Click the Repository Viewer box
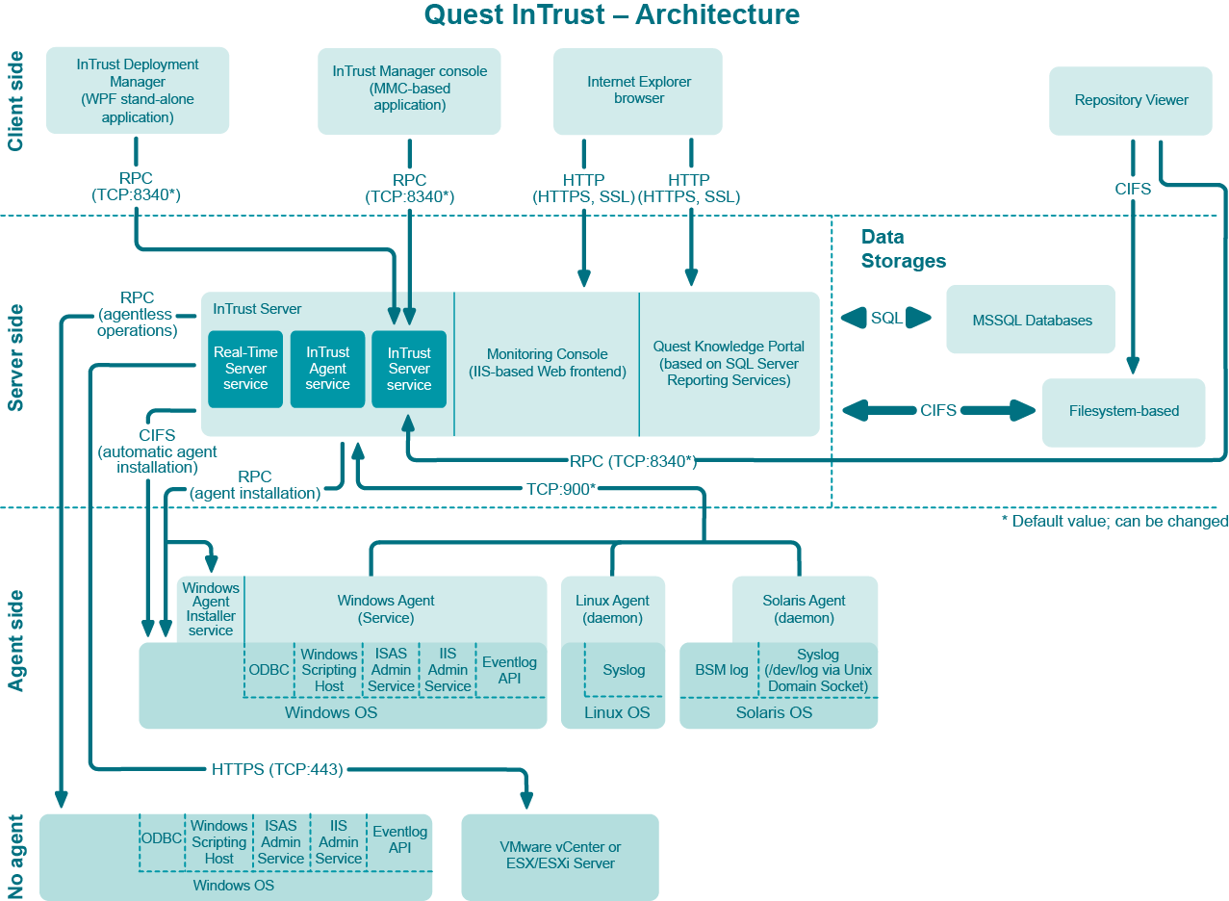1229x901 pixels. pos(1131,100)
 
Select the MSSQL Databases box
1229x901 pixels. pos(1031,320)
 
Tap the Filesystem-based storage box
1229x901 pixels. pos(1123,411)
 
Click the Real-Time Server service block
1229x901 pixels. pos(245,369)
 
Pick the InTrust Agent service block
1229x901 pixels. pos(327,369)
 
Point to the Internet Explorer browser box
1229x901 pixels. pos(638,90)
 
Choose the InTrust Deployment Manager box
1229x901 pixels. pos(138,90)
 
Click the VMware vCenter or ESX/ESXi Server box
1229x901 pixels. pos(560,856)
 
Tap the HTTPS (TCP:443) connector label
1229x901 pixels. pos(277,769)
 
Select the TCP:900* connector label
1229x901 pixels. pos(561,488)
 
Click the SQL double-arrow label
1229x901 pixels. pos(886,318)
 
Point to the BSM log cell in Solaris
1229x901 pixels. pos(721,670)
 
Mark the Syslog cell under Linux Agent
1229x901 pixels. pos(624,670)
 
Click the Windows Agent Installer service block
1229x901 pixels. pos(211,608)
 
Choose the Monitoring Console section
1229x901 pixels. pos(547,363)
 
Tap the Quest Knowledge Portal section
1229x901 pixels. pos(729,363)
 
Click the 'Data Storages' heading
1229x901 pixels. pos(903,248)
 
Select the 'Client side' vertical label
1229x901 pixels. pos(15,101)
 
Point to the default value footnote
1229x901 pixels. pos(1114,521)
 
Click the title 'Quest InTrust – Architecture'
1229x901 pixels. pos(612,15)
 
